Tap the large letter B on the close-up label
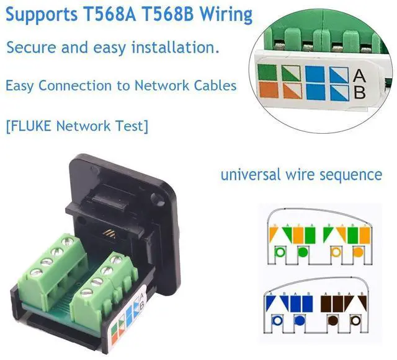(x=359, y=93)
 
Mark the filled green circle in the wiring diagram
(x=302, y=253)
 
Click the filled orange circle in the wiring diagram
(x=359, y=253)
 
